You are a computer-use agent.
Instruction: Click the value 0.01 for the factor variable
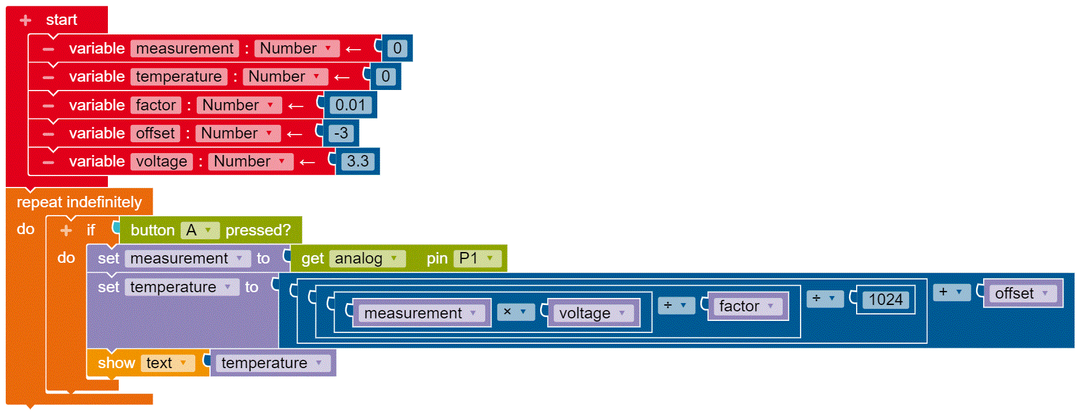click(x=350, y=105)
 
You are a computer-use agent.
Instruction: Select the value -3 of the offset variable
click(x=341, y=133)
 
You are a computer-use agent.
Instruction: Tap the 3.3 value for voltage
click(x=358, y=161)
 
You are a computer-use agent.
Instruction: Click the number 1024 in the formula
click(x=885, y=300)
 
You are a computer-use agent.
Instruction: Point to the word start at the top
click(x=61, y=20)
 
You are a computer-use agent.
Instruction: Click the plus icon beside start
click(x=26, y=20)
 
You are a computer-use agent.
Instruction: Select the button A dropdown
click(x=200, y=230)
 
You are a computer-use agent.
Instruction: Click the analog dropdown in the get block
click(x=367, y=258)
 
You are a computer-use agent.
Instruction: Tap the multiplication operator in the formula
click(x=515, y=312)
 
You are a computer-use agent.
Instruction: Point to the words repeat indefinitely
click(x=79, y=202)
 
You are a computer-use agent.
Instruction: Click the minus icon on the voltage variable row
click(x=49, y=162)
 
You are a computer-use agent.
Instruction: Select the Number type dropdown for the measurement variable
click(x=296, y=48)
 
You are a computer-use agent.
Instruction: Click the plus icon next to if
click(x=66, y=230)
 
